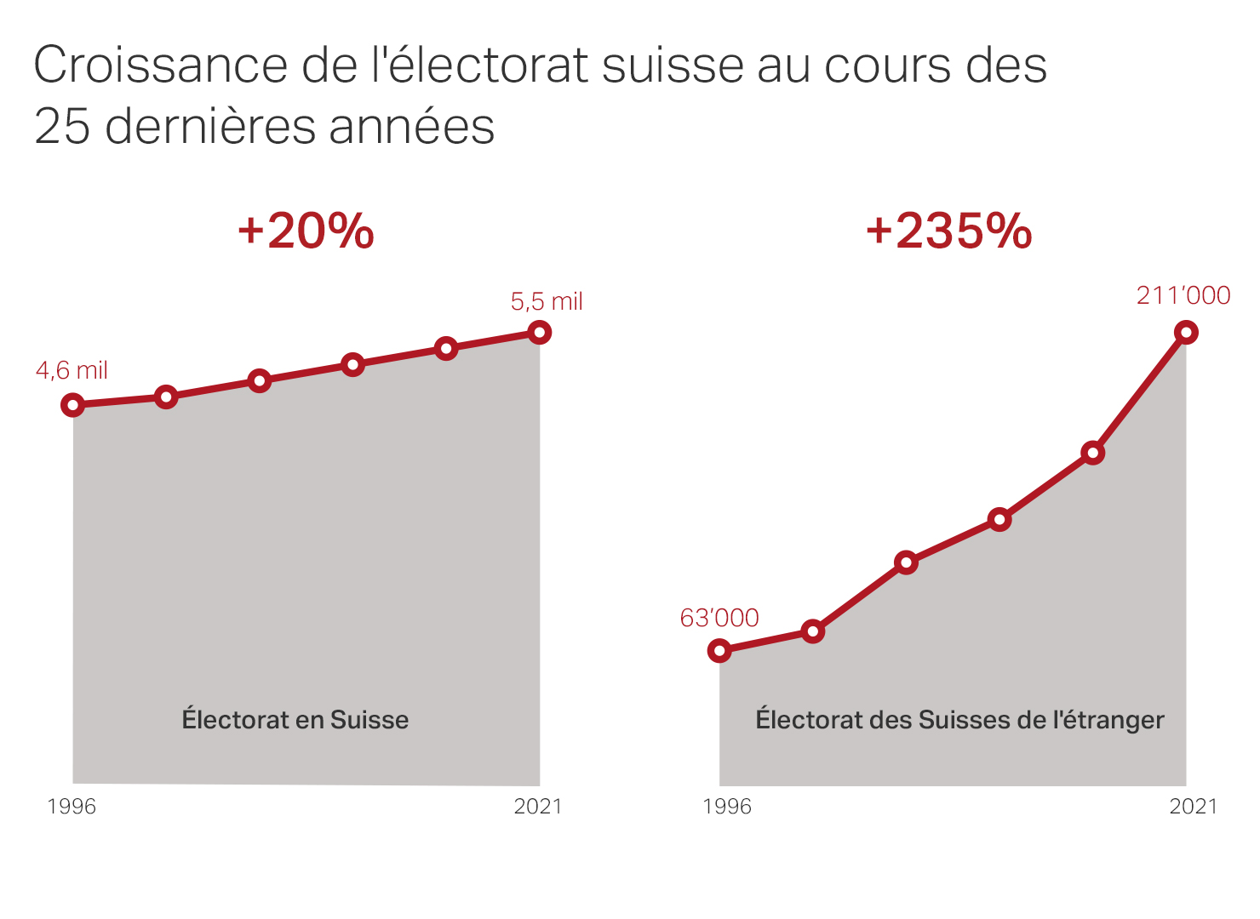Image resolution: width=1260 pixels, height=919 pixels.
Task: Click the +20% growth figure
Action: [x=306, y=231]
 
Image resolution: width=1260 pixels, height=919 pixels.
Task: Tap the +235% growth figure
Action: [x=948, y=231]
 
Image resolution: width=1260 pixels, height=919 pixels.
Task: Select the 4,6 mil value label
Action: [x=72, y=371]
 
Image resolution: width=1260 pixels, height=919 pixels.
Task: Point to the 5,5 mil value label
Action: [x=547, y=302]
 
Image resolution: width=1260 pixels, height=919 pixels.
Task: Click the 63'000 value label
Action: [x=719, y=618]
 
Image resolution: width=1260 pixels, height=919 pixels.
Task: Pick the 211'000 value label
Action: [x=1183, y=295]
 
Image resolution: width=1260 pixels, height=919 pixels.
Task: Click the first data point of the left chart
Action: [x=73, y=405]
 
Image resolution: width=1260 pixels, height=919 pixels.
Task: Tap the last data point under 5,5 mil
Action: [x=539, y=332]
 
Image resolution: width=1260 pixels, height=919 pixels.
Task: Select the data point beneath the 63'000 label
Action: [x=719, y=651]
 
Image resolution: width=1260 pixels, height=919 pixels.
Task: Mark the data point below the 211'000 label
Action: [x=1186, y=332]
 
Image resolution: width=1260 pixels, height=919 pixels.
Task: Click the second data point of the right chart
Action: [x=813, y=631]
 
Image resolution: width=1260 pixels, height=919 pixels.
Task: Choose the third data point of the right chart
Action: [x=907, y=562]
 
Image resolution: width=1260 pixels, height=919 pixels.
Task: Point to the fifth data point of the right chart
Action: [x=1093, y=453]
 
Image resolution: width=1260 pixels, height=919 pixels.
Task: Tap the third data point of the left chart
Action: [x=260, y=380]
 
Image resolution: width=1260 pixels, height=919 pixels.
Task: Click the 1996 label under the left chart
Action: [x=72, y=806]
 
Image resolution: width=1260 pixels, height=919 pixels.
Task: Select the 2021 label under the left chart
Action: [x=538, y=806]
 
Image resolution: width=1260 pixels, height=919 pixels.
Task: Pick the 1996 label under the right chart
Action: [x=727, y=806]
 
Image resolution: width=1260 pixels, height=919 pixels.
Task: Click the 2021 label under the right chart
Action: [x=1194, y=806]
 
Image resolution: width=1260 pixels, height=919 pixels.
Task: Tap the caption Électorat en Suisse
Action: [x=295, y=720]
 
